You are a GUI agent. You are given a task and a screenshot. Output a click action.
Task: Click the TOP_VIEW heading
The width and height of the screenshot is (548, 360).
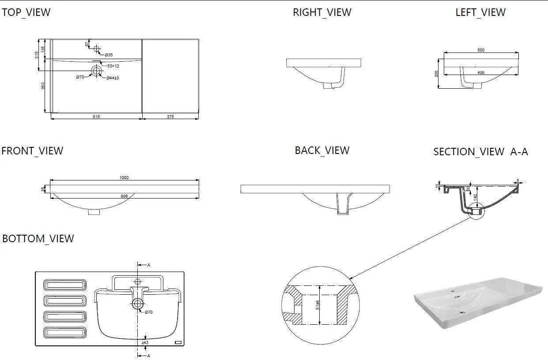pos(26,12)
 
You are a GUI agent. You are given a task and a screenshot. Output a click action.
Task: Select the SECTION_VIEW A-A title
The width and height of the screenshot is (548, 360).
pos(480,152)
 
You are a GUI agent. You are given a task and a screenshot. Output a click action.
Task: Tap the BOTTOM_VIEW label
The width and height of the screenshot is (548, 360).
pos(38,239)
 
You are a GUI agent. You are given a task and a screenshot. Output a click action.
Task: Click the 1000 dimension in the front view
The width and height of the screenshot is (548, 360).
pos(124,177)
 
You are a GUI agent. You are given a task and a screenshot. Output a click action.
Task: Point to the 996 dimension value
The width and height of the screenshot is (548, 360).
pos(124,196)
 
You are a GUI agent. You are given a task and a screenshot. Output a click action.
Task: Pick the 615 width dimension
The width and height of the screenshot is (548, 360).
pos(96,117)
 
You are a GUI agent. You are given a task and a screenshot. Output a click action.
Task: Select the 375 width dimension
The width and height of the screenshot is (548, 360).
pos(170,117)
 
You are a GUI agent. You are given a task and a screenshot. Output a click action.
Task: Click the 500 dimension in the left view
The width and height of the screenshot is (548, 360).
pos(481,50)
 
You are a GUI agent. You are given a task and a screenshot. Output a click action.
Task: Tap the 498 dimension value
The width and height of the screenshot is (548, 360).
pos(481,72)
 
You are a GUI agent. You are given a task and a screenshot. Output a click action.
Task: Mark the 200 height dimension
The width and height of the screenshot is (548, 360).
pos(437,74)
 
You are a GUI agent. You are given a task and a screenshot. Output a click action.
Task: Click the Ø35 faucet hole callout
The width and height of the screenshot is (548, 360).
pos(109,55)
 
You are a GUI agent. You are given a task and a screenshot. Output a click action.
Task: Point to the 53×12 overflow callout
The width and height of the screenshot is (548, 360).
pos(113,66)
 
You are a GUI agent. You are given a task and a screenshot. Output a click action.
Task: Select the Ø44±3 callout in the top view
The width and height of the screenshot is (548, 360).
pos(113,78)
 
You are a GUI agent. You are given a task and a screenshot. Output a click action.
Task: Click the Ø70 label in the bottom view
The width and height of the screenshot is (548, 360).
pos(148,312)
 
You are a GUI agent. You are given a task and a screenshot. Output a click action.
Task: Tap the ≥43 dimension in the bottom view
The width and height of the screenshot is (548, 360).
pos(145,342)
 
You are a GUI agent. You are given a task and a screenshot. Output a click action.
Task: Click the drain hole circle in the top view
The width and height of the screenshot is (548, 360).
pos(97,70)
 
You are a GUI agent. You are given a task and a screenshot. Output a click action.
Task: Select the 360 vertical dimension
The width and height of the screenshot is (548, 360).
pos(43,86)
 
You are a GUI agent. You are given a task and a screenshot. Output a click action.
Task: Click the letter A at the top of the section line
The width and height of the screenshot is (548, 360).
pos(149,265)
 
